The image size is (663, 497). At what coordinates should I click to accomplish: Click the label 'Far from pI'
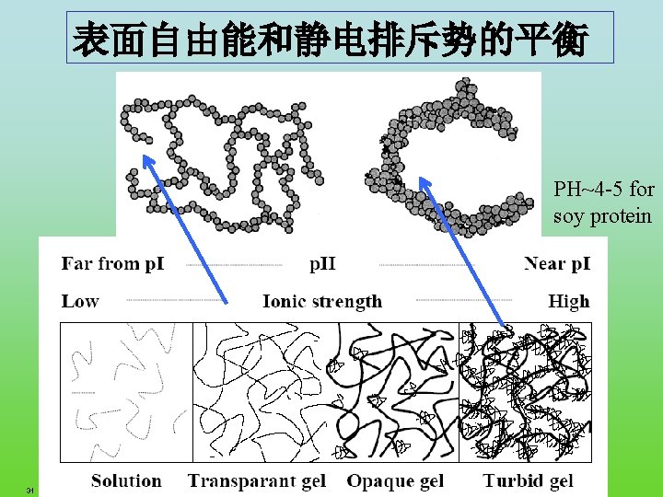[x=112, y=264]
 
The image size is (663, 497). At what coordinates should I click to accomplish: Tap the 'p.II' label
[x=321, y=264]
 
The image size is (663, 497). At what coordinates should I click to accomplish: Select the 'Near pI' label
[x=556, y=264]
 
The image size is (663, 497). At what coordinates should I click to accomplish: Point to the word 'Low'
[x=80, y=300]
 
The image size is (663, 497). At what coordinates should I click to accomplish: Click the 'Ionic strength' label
[x=321, y=300]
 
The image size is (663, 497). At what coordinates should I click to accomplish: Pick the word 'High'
[x=568, y=300]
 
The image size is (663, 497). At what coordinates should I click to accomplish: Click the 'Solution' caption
[x=126, y=480]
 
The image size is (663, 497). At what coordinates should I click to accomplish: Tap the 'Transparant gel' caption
[x=257, y=480]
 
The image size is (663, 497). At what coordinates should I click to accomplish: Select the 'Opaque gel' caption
[x=395, y=480]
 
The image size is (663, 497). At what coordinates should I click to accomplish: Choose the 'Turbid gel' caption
[x=528, y=480]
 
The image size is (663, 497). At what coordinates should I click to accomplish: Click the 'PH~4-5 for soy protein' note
[x=603, y=202]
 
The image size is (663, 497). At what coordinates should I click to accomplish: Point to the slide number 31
[x=30, y=490]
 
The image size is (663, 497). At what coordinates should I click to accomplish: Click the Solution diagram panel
[x=126, y=391]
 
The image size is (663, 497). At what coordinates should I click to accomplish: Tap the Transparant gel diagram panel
[x=258, y=391]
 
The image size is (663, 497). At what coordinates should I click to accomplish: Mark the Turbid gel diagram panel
[x=525, y=391]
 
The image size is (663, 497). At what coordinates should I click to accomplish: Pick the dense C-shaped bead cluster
[x=442, y=156]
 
